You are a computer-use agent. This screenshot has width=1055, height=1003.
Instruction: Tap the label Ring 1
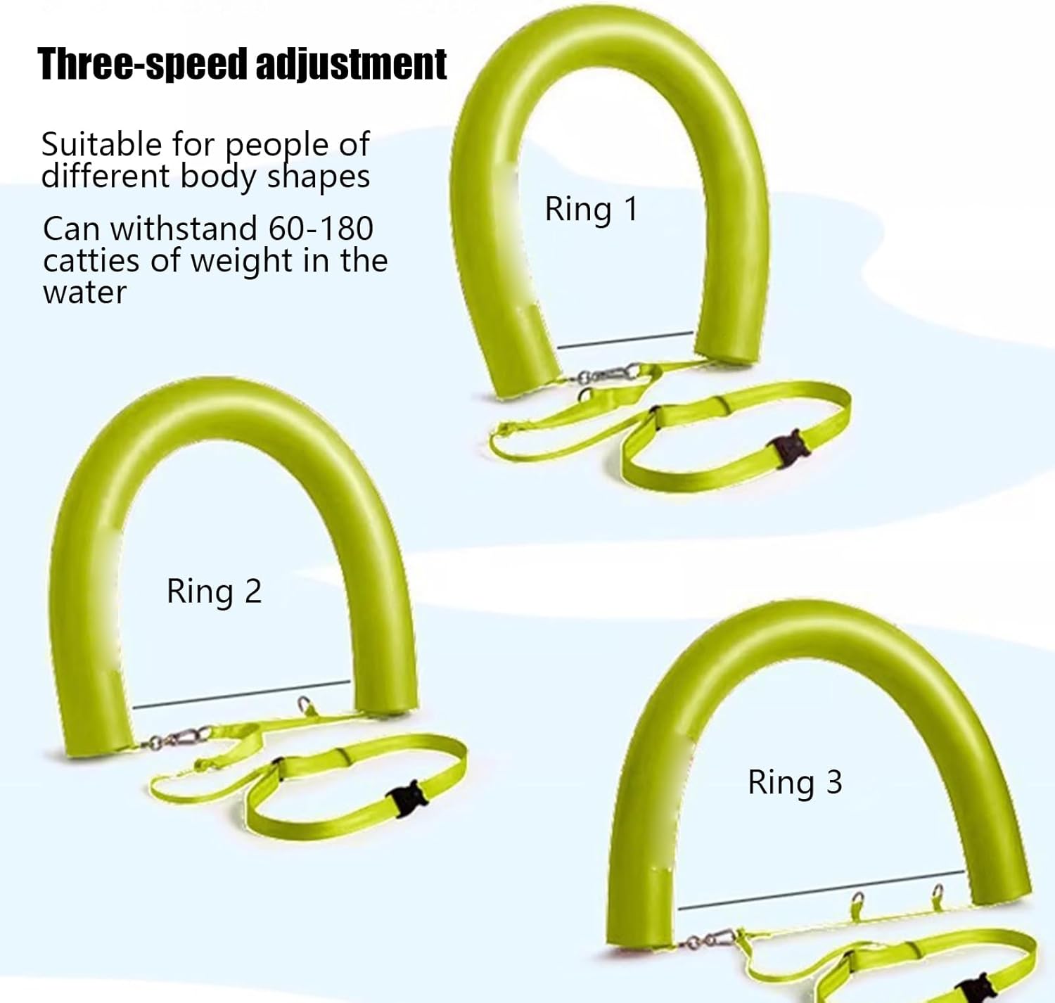click(591, 210)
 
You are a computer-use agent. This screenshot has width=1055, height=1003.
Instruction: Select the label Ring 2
click(214, 591)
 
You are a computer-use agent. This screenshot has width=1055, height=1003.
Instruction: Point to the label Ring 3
click(794, 782)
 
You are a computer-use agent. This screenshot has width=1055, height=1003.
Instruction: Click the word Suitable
click(101, 145)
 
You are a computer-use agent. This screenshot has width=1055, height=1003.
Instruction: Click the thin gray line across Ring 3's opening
click(820, 888)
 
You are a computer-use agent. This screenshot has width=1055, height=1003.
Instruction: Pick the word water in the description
click(84, 293)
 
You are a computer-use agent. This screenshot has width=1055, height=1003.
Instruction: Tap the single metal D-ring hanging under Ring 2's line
click(304, 704)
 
